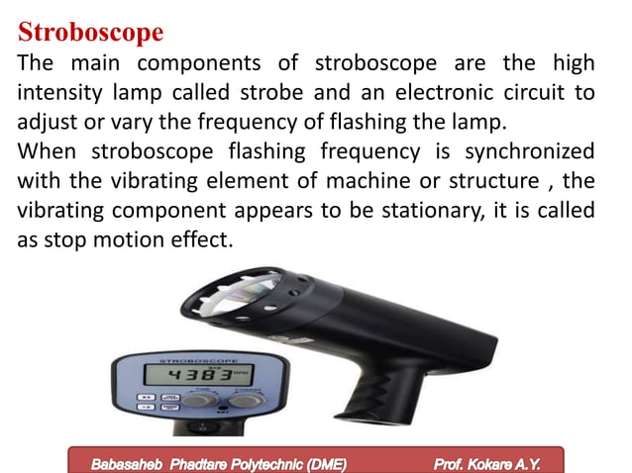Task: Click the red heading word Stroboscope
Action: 91,32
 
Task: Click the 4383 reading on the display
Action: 198,376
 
